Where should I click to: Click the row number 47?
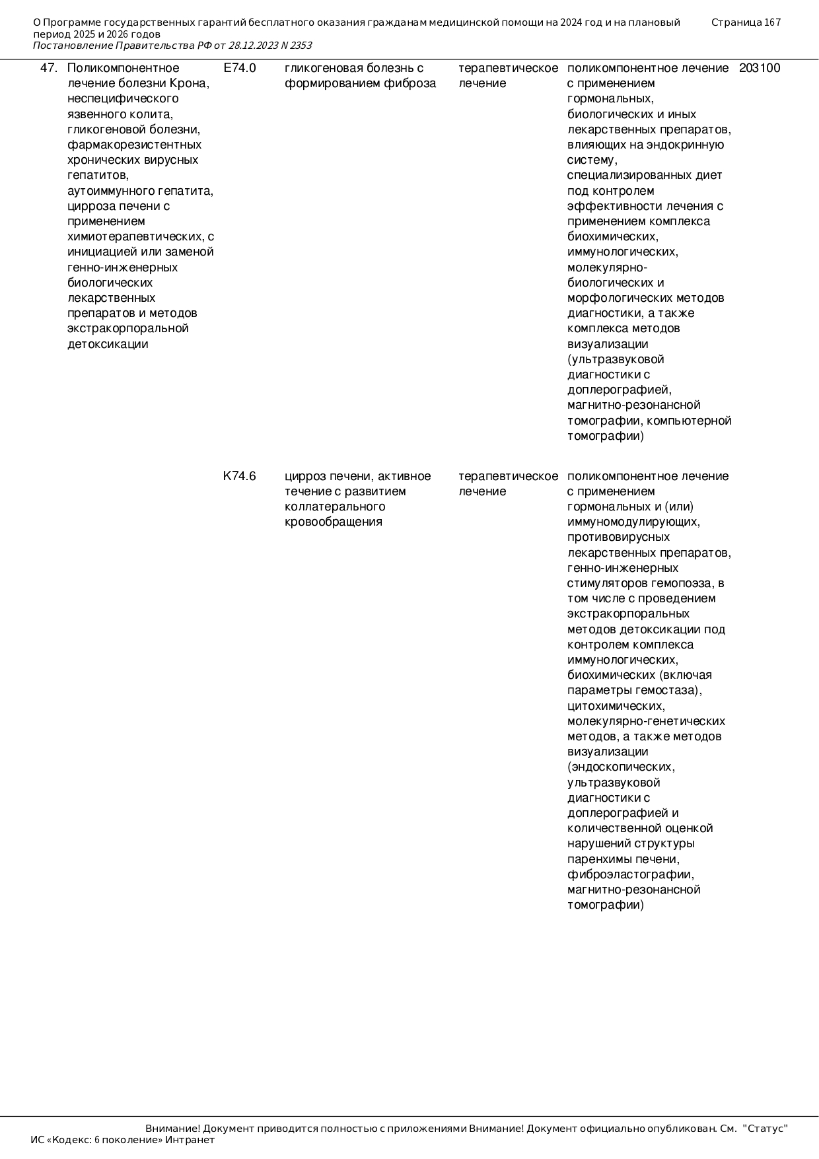click(x=49, y=68)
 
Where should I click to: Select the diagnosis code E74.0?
click(x=240, y=68)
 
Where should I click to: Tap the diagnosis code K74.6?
click(x=240, y=476)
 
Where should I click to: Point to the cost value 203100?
click(x=760, y=68)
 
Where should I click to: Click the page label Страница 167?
click(x=746, y=22)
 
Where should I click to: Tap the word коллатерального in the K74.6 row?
click(x=335, y=507)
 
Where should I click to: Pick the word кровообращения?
click(x=334, y=522)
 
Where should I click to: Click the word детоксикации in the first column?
click(x=108, y=344)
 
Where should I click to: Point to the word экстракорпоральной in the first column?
click(x=128, y=328)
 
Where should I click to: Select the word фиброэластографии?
click(x=631, y=874)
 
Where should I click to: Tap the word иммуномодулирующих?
click(x=633, y=522)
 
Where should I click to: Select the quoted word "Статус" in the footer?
click(x=766, y=1129)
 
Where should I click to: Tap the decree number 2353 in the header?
click(x=301, y=46)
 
